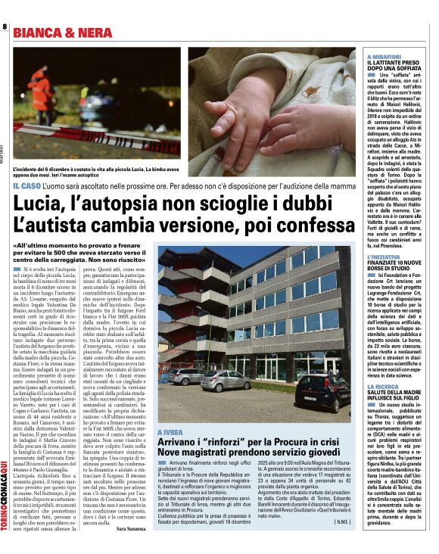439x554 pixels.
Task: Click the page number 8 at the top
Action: click(x=5, y=27)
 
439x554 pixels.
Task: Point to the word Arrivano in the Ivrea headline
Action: click(x=179, y=442)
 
